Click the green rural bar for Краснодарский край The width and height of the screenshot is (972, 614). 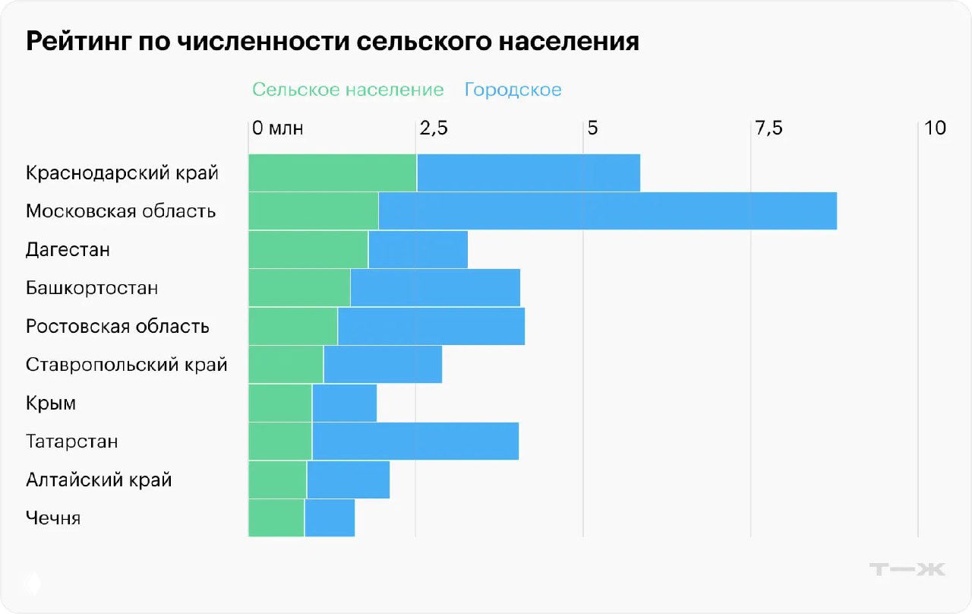333,172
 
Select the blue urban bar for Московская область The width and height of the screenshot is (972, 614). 607,210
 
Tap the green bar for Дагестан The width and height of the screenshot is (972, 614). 308,249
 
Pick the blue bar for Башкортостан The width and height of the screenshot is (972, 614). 435,288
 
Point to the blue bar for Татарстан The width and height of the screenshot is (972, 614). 415,442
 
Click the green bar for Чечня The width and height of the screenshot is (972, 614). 276,518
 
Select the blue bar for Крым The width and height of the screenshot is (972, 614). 344,403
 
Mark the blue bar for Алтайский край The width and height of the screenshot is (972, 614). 348,480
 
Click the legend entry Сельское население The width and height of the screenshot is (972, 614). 348,90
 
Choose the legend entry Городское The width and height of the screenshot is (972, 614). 513,90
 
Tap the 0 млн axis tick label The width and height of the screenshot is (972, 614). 278,128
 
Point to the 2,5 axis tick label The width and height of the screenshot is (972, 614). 434,128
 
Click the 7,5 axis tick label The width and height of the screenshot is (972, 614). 768,128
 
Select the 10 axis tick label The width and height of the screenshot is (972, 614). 936,128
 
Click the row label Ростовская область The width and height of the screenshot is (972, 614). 118,327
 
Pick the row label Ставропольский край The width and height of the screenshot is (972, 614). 126,365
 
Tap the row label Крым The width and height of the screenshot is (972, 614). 51,404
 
